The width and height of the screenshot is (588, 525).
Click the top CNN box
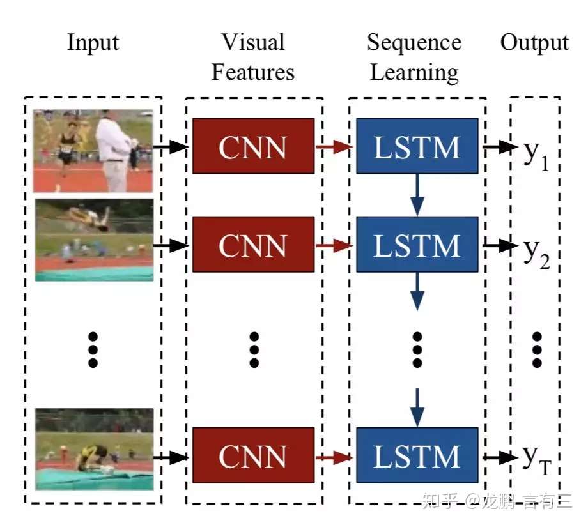click(253, 146)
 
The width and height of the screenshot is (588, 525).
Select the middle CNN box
click(253, 245)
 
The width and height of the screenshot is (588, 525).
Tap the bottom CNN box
click(253, 455)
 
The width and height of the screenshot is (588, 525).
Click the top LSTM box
click(417, 146)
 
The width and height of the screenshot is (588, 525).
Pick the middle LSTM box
click(417, 245)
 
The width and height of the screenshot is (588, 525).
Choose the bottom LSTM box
click(417, 455)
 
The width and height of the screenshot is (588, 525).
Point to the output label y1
click(536, 153)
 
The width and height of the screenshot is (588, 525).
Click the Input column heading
click(93, 43)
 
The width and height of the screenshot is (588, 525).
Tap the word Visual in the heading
click(253, 43)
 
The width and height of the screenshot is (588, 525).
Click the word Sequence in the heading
click(414, 43)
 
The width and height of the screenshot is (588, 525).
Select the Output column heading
click(534, 43)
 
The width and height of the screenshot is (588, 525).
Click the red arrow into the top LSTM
click(334, 147)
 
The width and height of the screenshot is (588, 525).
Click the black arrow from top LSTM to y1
click(499, 147)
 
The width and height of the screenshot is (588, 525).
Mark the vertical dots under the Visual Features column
click(254, 349)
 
